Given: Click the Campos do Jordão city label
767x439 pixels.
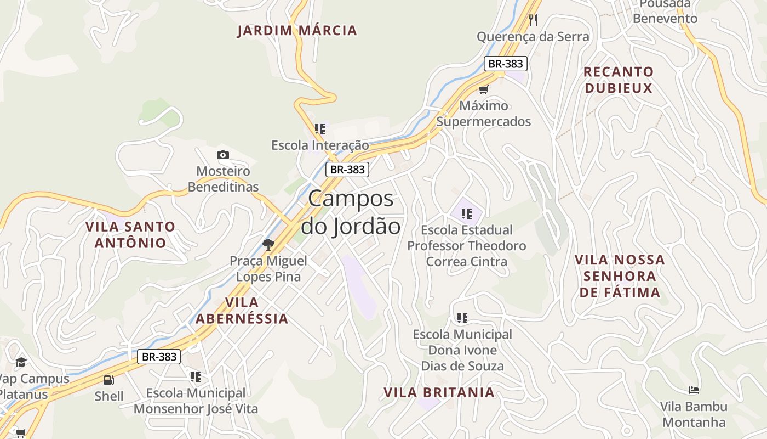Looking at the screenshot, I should (x=351, y=212).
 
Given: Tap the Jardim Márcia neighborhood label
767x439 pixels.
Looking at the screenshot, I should (x=297, y=31).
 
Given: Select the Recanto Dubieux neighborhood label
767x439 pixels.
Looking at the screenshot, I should (x=619, y=80).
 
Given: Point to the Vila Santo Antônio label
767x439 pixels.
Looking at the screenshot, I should (x=130, y=234).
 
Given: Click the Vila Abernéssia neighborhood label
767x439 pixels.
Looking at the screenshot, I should (x=242, y=311).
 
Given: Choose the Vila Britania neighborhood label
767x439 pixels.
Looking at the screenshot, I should (x=439, y=393).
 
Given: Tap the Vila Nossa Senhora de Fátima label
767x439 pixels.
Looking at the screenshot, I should (x=620, y=276).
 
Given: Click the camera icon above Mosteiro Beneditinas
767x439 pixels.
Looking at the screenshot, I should (x=222, y=155).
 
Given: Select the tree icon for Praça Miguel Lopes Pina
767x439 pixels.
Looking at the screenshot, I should (x=268, y=244).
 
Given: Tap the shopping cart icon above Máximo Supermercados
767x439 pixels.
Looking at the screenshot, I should (x=483, y=89).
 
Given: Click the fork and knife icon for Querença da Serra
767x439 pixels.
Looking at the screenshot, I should (x=533, y=20).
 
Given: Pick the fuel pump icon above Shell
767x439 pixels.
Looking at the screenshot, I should (x=108, y=380).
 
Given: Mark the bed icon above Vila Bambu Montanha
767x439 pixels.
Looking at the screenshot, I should (x=694, y=390).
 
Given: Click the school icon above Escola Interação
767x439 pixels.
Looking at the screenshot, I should (x=320, y=129).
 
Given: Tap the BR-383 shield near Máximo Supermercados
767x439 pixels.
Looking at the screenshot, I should (x=505, y=64).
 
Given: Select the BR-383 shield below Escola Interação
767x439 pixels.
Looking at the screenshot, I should (x=347, y=170).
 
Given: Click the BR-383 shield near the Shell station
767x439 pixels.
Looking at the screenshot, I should (x=158, y=357).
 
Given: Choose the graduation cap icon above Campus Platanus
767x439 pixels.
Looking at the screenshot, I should (x=21, y=362).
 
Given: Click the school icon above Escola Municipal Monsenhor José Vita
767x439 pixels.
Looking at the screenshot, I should (x=196, y=377).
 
